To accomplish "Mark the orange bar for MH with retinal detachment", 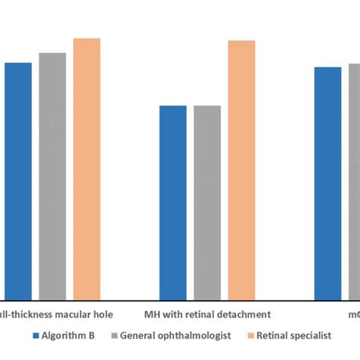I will tap(242, 170).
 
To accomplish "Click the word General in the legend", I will tap(140, 335).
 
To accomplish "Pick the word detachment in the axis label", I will tap(241, 313).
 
